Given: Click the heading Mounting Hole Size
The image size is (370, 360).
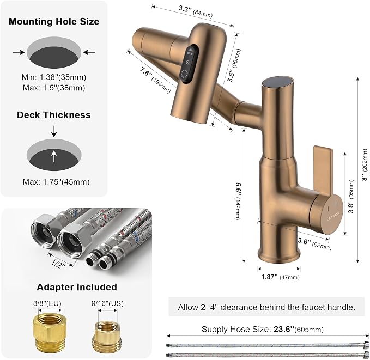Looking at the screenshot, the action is tap(54, 21).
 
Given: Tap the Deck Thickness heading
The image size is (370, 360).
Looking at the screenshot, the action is tap(54, 115).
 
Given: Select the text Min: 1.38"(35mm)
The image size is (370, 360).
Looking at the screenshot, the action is tap(54, 77).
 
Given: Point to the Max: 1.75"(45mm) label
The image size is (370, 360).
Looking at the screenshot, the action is tap(56, 182).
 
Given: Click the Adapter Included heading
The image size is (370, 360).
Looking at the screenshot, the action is tap(77, 287).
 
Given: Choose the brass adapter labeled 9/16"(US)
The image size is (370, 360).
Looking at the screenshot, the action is tap(107, 336).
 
